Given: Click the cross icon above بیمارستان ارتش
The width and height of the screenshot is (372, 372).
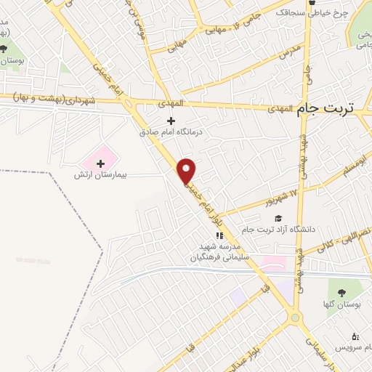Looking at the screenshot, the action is pyautogui.click(x=100, y=163).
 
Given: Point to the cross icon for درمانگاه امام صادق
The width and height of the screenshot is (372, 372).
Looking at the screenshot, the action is pyautogui.click(x=171, y=121).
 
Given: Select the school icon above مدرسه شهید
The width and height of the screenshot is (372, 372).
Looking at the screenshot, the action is pyautogui.click(x=218, y=235).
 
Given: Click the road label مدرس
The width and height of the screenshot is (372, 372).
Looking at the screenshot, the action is pyautogui.click(x=288, y=53).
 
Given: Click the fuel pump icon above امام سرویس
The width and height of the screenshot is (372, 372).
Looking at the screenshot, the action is pyautogui.click(x=355, y=336).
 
